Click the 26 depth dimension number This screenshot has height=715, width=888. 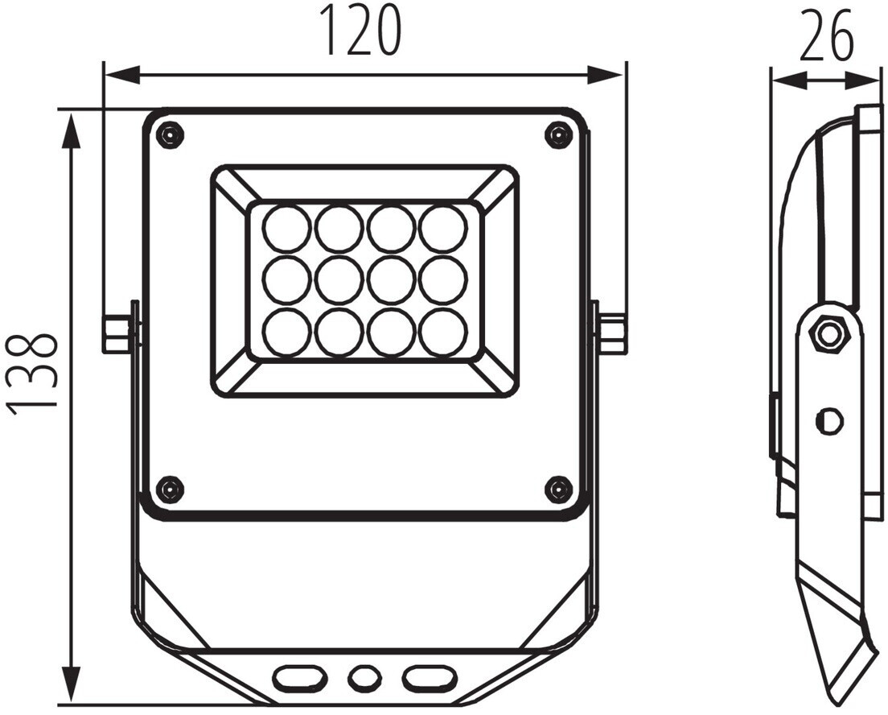coord(826,35)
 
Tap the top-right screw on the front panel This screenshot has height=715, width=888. coord(558,134)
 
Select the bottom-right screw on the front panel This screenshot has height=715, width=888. coord(558,487)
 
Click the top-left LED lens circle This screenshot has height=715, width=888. coord(286,229)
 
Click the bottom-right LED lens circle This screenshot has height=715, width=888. coord(444,331)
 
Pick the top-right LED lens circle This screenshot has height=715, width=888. coord(444,229)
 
